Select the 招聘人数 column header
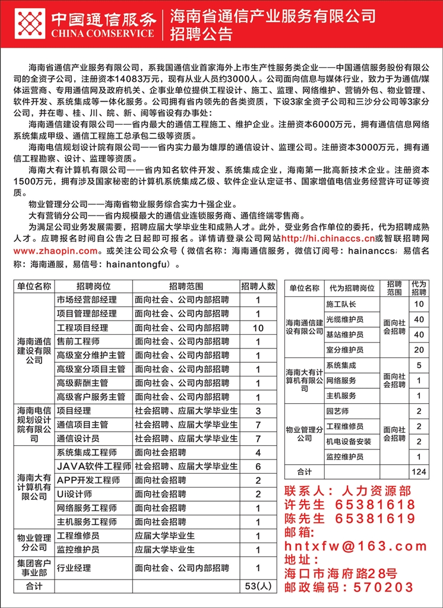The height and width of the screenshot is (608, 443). click(x=258, y=286)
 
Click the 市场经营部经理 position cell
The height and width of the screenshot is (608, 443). click(x=87, y=299)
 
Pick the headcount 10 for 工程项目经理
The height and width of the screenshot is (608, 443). click(x=258, y=327)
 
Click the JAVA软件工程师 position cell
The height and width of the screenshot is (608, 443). click(x=93, y=466)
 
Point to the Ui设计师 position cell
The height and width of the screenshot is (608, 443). click(x=74, y=494)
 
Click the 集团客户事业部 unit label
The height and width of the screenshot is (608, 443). click(x=33, y=568)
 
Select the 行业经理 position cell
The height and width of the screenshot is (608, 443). click(x=74, y=568)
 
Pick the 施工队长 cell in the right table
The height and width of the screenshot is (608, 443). click(x=341, y=305)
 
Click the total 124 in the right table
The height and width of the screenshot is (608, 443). click(x=419, y=471)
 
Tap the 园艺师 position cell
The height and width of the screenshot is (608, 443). click(x=337, y=411)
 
